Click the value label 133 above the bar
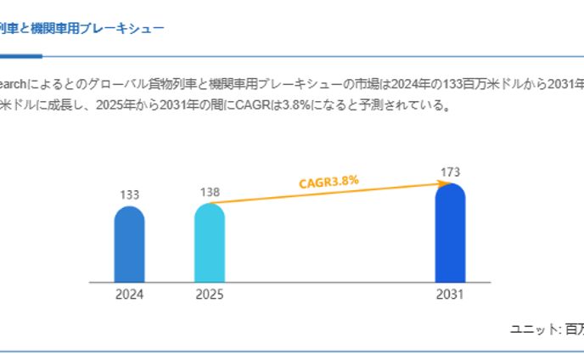tap(129, 195)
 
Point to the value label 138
tap(210, 192)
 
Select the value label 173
tap(451, 172)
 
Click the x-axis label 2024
tap(129, 295)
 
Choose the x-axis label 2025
tap(210, 295)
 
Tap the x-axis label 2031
tap(451, 295)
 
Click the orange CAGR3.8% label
tap(328, 181)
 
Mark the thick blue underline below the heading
tap(20, 56)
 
